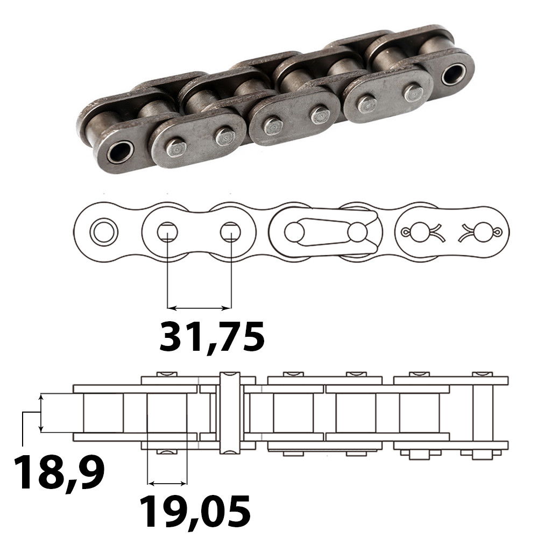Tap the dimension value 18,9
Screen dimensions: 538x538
pos(59,472)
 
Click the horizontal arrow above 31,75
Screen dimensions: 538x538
pos(199,308)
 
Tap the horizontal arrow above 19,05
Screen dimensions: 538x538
pos(167,482)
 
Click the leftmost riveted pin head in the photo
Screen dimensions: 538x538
pos(174,146)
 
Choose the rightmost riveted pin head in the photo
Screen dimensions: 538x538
pos(413,93)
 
